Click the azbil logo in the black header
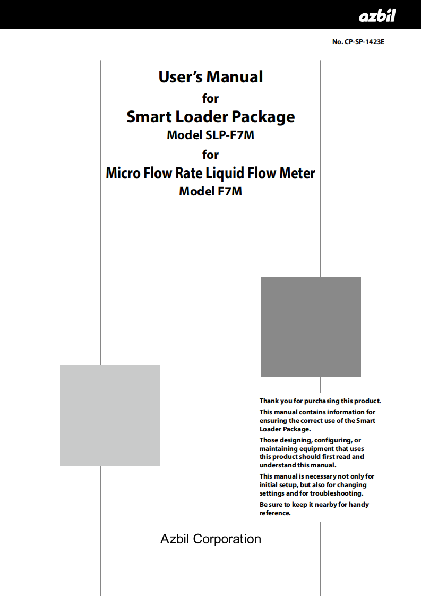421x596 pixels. point(377,15)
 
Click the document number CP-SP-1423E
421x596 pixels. point(364,42)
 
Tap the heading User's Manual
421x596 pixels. point(210,77)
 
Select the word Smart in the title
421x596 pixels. point(149,117)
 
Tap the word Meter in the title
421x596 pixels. point(297,173)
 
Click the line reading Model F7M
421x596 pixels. point(210,191)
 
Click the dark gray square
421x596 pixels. point(311,327)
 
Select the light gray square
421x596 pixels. point(110,415)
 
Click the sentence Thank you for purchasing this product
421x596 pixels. point(320,401)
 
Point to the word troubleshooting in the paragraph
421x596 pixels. point(337,493)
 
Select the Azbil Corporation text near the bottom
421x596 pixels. point(210,539)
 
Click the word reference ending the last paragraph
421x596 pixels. point(275,513)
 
